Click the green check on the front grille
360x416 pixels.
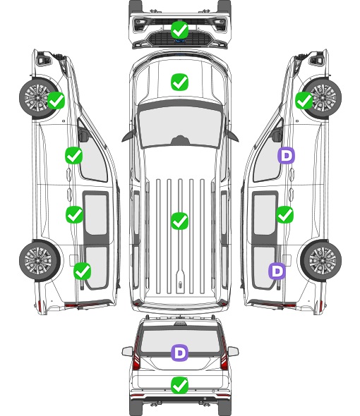coord(179,30)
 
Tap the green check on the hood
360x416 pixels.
coord(179,82)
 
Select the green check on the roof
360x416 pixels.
coord(179,221)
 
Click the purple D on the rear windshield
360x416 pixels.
coord(179,353)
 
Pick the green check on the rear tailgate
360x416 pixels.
coord(179,386)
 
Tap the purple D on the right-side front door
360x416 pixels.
coord(286,155)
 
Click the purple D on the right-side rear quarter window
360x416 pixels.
coord(277,271)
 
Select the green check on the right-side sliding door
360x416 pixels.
coord(284,214)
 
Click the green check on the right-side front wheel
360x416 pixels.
coord(304,101)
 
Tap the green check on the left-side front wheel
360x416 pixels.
coord(56,101)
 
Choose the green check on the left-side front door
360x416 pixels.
coord(74,155)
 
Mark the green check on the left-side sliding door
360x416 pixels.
coord(74,214)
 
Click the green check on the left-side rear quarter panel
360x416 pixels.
coord(83,271)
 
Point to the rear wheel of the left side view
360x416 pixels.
coord(40,260)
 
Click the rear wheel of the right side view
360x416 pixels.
coord(321,260)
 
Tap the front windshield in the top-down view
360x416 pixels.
coord(180,126)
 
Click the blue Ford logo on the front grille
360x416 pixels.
coord(180,41)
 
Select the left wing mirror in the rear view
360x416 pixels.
coord(128,352)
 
